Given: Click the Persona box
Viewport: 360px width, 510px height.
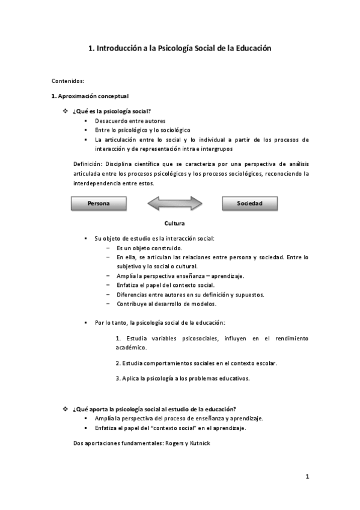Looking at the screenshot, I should click(x=99, y=204).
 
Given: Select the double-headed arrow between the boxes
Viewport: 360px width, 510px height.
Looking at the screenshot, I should click(x=174, y=204).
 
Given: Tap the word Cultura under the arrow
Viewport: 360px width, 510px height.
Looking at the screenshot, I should click(x=174, y=223).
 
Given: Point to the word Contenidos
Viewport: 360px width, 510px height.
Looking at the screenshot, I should click(x=68, y=80).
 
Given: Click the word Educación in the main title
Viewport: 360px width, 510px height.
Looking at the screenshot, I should click(x=251, y=48).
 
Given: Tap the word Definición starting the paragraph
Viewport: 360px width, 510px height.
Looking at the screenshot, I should click(x=88, y=164).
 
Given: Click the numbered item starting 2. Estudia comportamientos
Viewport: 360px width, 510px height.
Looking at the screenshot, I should click(x=196, y=363).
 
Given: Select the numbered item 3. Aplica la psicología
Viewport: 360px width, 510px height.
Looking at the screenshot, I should click(x=183, y=378).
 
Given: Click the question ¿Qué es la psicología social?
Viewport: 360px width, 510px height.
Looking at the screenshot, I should click(x=111, y=111).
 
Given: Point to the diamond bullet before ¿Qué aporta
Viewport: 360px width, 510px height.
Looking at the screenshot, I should click(x=66, y=409).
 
